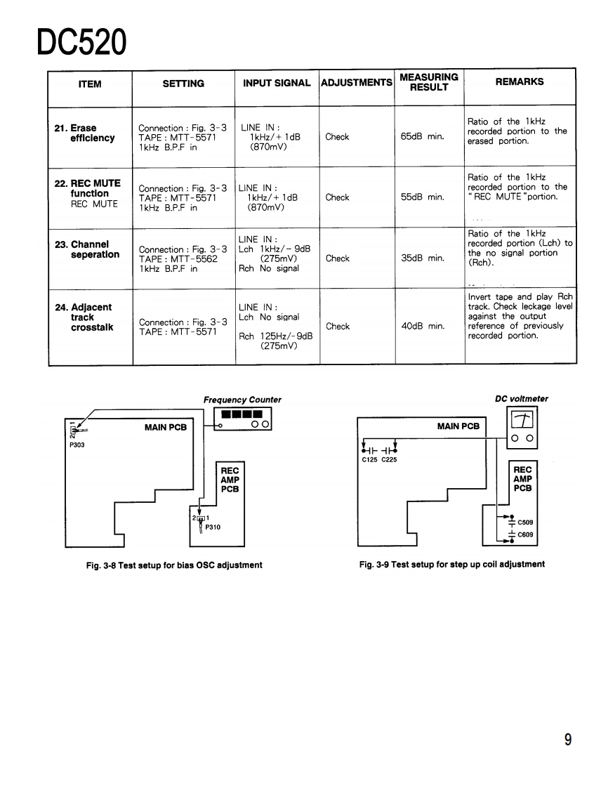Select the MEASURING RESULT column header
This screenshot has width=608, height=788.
point(428,82)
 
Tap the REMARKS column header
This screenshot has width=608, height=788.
point(520,82)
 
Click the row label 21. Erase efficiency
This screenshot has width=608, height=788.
point(86,133)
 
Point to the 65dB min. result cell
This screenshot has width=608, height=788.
point(423,137)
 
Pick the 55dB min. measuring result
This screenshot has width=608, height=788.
point(423,197)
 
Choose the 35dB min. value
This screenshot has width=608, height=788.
point(423,258)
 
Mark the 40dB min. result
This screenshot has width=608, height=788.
point(423,327)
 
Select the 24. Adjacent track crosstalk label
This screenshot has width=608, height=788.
point(84,317)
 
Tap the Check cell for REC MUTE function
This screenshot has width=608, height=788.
point(337,197)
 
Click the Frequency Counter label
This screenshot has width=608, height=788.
point(242,400)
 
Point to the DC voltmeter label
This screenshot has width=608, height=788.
point(522,399)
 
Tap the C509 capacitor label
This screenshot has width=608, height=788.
point(526,523)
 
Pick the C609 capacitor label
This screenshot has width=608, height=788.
point(526,535)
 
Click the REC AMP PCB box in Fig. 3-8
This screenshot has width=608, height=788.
point(230,480)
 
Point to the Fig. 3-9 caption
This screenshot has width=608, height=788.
point(451,564)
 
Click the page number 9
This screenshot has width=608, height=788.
point(567,740)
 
